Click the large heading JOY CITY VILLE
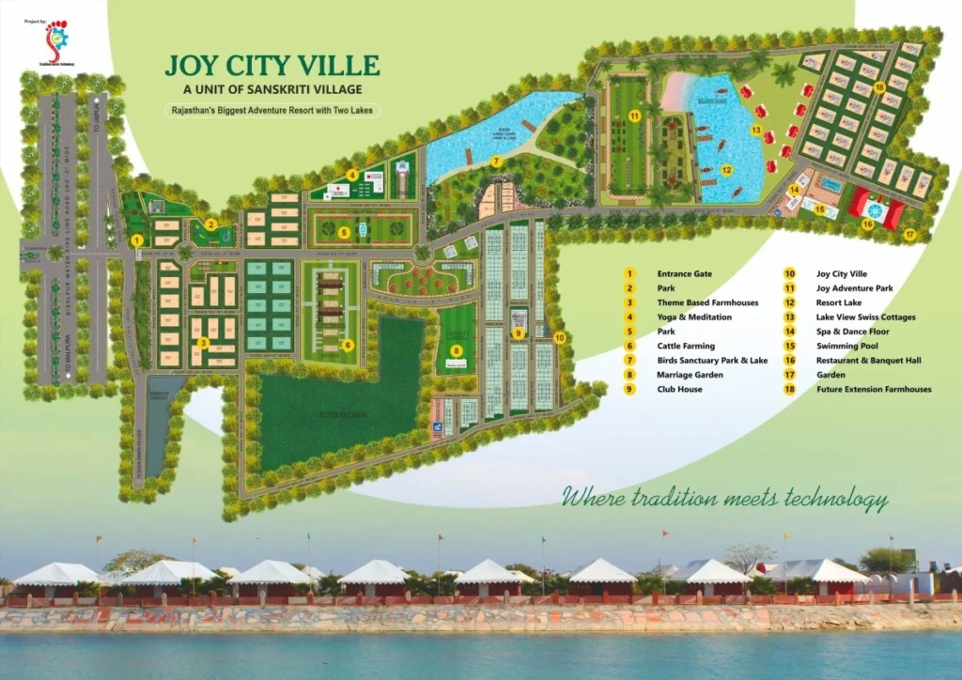click(272, 65)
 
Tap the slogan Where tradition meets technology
click(724, 498)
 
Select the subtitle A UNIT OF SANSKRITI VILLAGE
click(272, 89)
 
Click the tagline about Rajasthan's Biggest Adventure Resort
click(273, 110)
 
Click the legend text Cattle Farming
click(686, 346)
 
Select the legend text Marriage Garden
click(689, 375)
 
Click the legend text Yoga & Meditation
click(694, 317)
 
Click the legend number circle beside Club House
click(629, 389)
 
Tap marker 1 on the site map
click(137, 240)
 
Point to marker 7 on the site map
click(496, 162)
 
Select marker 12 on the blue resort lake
click(726, 170)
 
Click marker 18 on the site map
click(879, 87)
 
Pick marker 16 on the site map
click(867, 224)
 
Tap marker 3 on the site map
click(203, 343)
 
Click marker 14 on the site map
click(794, 189)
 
